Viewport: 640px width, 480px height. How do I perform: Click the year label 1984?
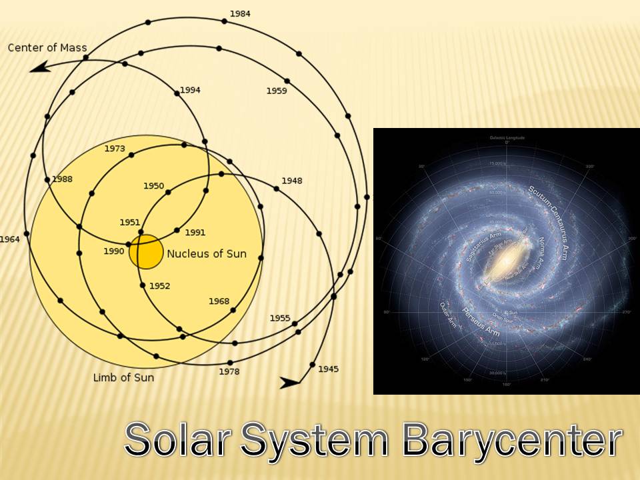[239, 13]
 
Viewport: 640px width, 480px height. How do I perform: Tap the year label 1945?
[328, 369]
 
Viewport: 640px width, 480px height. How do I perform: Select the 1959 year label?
[276, 91]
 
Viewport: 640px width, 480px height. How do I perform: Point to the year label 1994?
[190, 90]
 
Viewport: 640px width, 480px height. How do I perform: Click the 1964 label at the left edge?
[9, 239]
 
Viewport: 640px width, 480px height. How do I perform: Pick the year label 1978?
[229, 371]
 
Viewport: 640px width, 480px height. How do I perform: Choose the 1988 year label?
[62, 179]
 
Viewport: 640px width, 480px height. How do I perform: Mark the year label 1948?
[291, 181]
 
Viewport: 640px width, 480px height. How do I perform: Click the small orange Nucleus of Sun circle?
[146, 251]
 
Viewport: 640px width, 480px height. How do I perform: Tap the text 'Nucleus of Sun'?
[206, 253]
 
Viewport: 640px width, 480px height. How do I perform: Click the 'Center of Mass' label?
[47, 47]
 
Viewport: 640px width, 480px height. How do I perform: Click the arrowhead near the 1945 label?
[290, 383]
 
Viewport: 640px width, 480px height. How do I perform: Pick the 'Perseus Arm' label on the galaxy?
[477, 319]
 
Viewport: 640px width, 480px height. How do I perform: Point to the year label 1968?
[219, 301]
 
